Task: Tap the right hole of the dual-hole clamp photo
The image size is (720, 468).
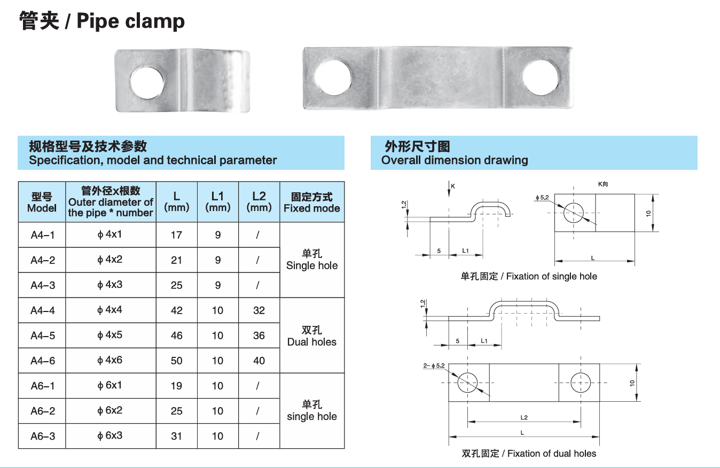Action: click(540, 79)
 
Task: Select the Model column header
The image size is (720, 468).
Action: click(42, 202)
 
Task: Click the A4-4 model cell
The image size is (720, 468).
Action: click(43, 310)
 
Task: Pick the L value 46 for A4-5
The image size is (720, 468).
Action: click(176, 336)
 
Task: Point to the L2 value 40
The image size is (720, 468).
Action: click(259, 361)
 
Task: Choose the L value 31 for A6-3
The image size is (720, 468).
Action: click(176, 436)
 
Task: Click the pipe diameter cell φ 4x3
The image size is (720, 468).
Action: click(110, 285)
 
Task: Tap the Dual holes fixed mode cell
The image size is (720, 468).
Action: click(312, 336)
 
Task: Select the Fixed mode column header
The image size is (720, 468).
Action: click(312, 202)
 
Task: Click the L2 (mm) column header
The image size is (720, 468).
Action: click(259, 201)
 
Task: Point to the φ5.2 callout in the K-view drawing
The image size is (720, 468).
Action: click(542, 198)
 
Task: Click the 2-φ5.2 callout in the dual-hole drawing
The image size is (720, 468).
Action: click(434, 366)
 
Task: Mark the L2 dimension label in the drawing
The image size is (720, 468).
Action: click(524, 417)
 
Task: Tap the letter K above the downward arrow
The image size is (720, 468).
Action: click(453, 186)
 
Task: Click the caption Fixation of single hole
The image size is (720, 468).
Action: click(529, 276)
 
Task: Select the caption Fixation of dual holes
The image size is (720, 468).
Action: click(529, 454)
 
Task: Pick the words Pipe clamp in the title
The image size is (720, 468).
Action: click(131, 21)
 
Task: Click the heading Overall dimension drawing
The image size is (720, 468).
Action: click(455, 160)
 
